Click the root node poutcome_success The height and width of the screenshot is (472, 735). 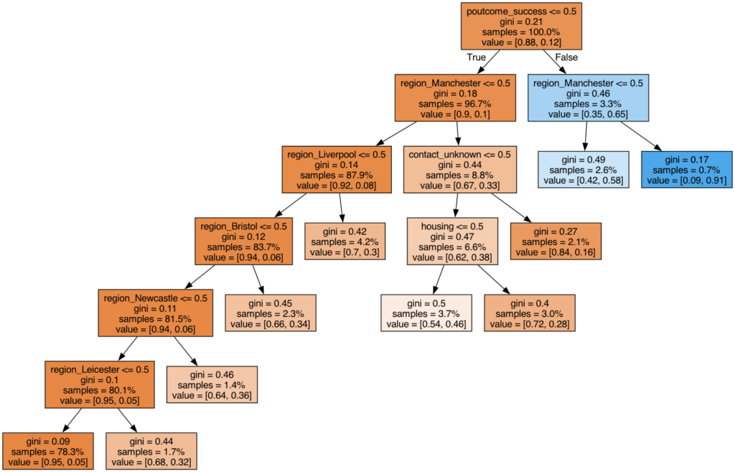521,27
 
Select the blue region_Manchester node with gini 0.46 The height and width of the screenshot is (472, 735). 589,98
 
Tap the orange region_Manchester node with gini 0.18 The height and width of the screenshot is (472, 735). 455,98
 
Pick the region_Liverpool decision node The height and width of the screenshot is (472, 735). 337,170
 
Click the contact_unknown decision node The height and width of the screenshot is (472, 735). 460,170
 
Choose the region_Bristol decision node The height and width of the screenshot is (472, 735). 244,241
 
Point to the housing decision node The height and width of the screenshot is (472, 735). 452,241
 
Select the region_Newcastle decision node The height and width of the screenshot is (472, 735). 156,313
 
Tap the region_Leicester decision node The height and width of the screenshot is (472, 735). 100,385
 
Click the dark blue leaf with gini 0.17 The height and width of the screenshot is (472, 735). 687,170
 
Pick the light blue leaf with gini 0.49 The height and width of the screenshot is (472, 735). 583,170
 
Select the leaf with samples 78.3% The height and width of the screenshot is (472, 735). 48,451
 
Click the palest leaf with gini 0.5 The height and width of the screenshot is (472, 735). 426,313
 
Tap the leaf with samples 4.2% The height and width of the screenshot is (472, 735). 345,241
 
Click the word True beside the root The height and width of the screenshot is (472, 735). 477,57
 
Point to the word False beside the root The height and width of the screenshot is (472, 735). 566,57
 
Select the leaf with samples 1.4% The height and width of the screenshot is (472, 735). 212,385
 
